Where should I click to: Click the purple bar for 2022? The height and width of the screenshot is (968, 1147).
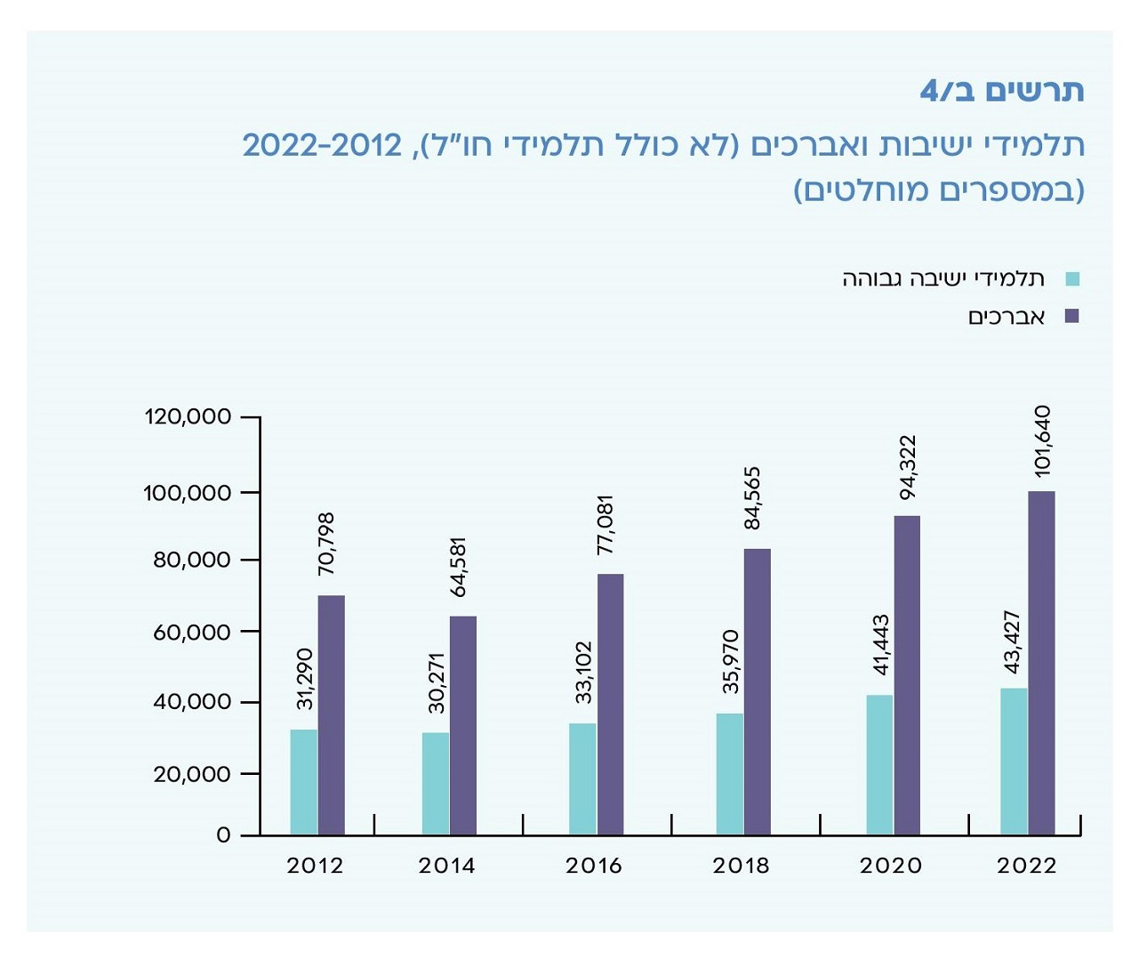[1041, 663]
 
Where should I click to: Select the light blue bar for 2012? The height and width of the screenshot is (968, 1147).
[303, 782]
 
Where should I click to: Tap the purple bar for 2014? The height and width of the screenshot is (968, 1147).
[463, 725]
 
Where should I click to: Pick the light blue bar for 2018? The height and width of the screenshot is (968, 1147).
[729, 774]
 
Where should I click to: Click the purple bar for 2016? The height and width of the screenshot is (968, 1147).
[610, 704]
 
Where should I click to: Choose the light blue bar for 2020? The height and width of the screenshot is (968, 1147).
[879, 765]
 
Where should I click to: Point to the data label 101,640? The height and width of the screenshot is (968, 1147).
[1042, 441]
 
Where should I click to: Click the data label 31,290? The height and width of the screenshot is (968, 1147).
[305, 679]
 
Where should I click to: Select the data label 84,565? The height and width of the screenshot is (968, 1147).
[752, 498]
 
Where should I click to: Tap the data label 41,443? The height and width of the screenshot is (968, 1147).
[880, 645]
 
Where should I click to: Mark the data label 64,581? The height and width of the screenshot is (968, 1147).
[458, 567]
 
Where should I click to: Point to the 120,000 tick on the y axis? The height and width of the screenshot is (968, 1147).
[188, 416]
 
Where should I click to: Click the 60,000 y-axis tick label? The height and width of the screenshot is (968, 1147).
[191, 632]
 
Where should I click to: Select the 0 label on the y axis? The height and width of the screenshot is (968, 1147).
[223, 835]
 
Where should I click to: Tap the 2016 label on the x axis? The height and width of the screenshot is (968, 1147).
[593, 866]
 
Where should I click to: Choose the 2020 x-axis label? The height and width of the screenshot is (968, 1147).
[890, 866]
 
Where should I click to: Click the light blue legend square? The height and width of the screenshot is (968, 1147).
[1071, 279]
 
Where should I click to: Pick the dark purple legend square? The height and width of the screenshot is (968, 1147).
[1071, 316]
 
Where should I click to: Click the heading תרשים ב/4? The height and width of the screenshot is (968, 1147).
[1001, 91]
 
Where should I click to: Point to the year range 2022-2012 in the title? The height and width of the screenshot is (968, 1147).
[322, 144]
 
